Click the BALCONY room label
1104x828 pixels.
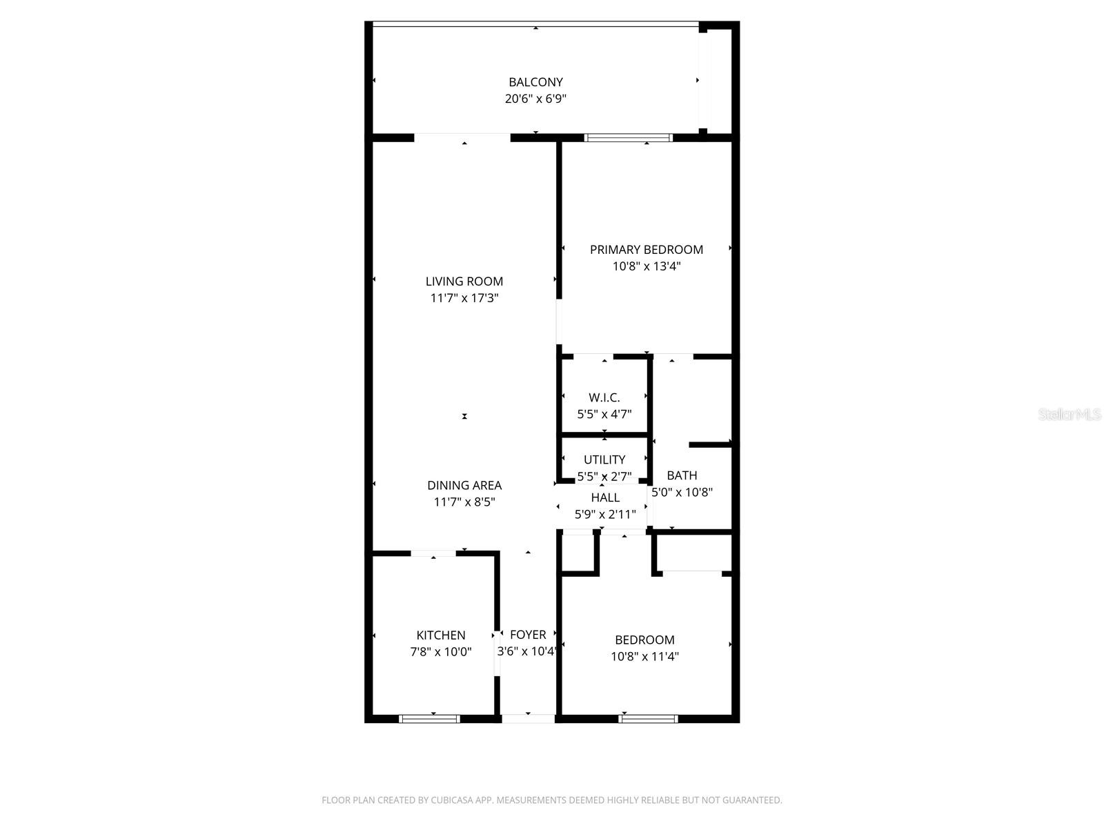tap(535, 82)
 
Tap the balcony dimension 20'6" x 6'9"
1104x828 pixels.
tap(535, 99)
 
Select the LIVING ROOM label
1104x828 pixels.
tap(464, 282)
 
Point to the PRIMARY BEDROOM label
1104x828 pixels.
tap(646, 250)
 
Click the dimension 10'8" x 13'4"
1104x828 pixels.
tap(646, 266)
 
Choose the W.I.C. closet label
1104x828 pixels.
tap(604, 398)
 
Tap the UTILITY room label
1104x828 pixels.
tap(604, 460)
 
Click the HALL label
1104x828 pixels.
tap(605, 497)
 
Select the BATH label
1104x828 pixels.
tap(682, 475)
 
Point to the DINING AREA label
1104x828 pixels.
tap(464, 486)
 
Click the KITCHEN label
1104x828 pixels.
tap(440, 635)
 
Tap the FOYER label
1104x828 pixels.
tap(528, 635)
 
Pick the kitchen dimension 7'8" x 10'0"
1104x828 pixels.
tap(440, 652)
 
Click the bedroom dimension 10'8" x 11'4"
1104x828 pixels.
tap(644, 657)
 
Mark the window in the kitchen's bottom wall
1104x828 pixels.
tap(430, 719)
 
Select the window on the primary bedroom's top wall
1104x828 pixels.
tap(628, 137)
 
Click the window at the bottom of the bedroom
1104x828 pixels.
tap(648, 719)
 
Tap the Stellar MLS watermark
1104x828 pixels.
tap(1069, 415)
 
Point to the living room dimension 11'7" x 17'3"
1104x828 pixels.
tap(464, 299)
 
